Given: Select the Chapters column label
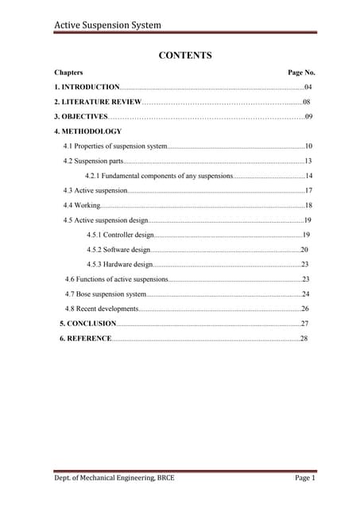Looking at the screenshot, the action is click(x=68, y=72).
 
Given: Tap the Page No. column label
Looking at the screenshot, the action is click(x=301, y=72).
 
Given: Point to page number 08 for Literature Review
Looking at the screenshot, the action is click(x=306, y=102).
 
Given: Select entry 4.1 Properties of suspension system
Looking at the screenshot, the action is click(x=115, y=146).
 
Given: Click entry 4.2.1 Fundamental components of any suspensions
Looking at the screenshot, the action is click(x=158, y=176).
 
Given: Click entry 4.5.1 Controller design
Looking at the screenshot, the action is click(x=120, y=235).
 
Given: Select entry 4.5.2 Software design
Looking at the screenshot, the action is click(x=118, y=250).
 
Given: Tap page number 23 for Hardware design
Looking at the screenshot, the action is click(x=305, y=264).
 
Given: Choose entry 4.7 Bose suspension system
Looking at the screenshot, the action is click(x=106, y=294).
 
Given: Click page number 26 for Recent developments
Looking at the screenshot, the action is click(x=305, y=309).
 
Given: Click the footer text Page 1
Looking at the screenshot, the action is click(x=306, y=478).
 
